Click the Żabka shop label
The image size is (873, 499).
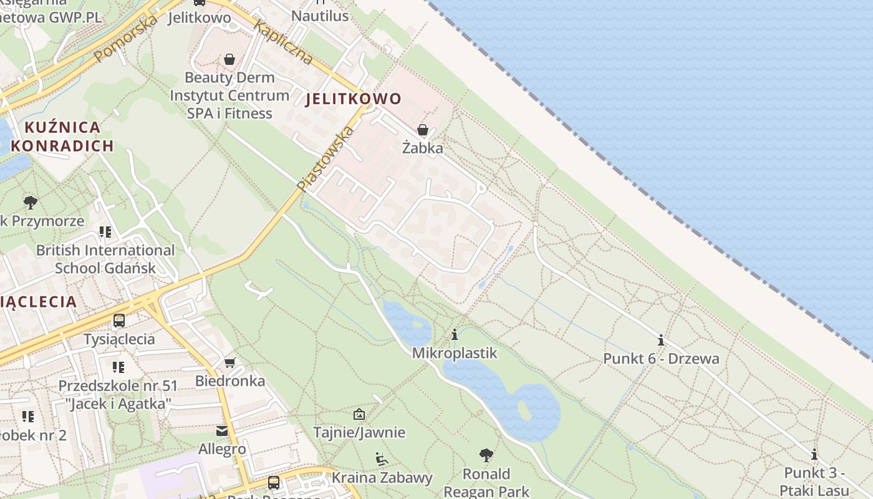tap(423, 148)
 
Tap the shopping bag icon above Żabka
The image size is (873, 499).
tap(423, 130)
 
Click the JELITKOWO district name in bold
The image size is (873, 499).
tap(353, 99)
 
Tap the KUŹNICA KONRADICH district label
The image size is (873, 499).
tap(62, 137)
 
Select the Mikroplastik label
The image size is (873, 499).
tap(455, 353)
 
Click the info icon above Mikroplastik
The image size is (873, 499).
tap(455, 335)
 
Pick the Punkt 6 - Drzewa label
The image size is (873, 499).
tap(661, 359)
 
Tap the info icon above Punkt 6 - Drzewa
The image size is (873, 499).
tap(661, 341)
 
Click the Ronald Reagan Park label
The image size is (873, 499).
tap(486, 482)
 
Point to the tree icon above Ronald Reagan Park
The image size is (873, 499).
tap(486, 455)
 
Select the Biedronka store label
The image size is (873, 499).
tap(230, 380)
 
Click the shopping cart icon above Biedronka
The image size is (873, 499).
tap(230, 362)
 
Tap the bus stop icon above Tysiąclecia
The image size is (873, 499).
tap(119, 321)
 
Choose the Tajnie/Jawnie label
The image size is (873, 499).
tap(359, 432)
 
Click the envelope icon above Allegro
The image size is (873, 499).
tap(222, 431)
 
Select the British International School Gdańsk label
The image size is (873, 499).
tap(105, 259)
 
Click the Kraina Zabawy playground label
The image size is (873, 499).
tap(382, 478)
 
